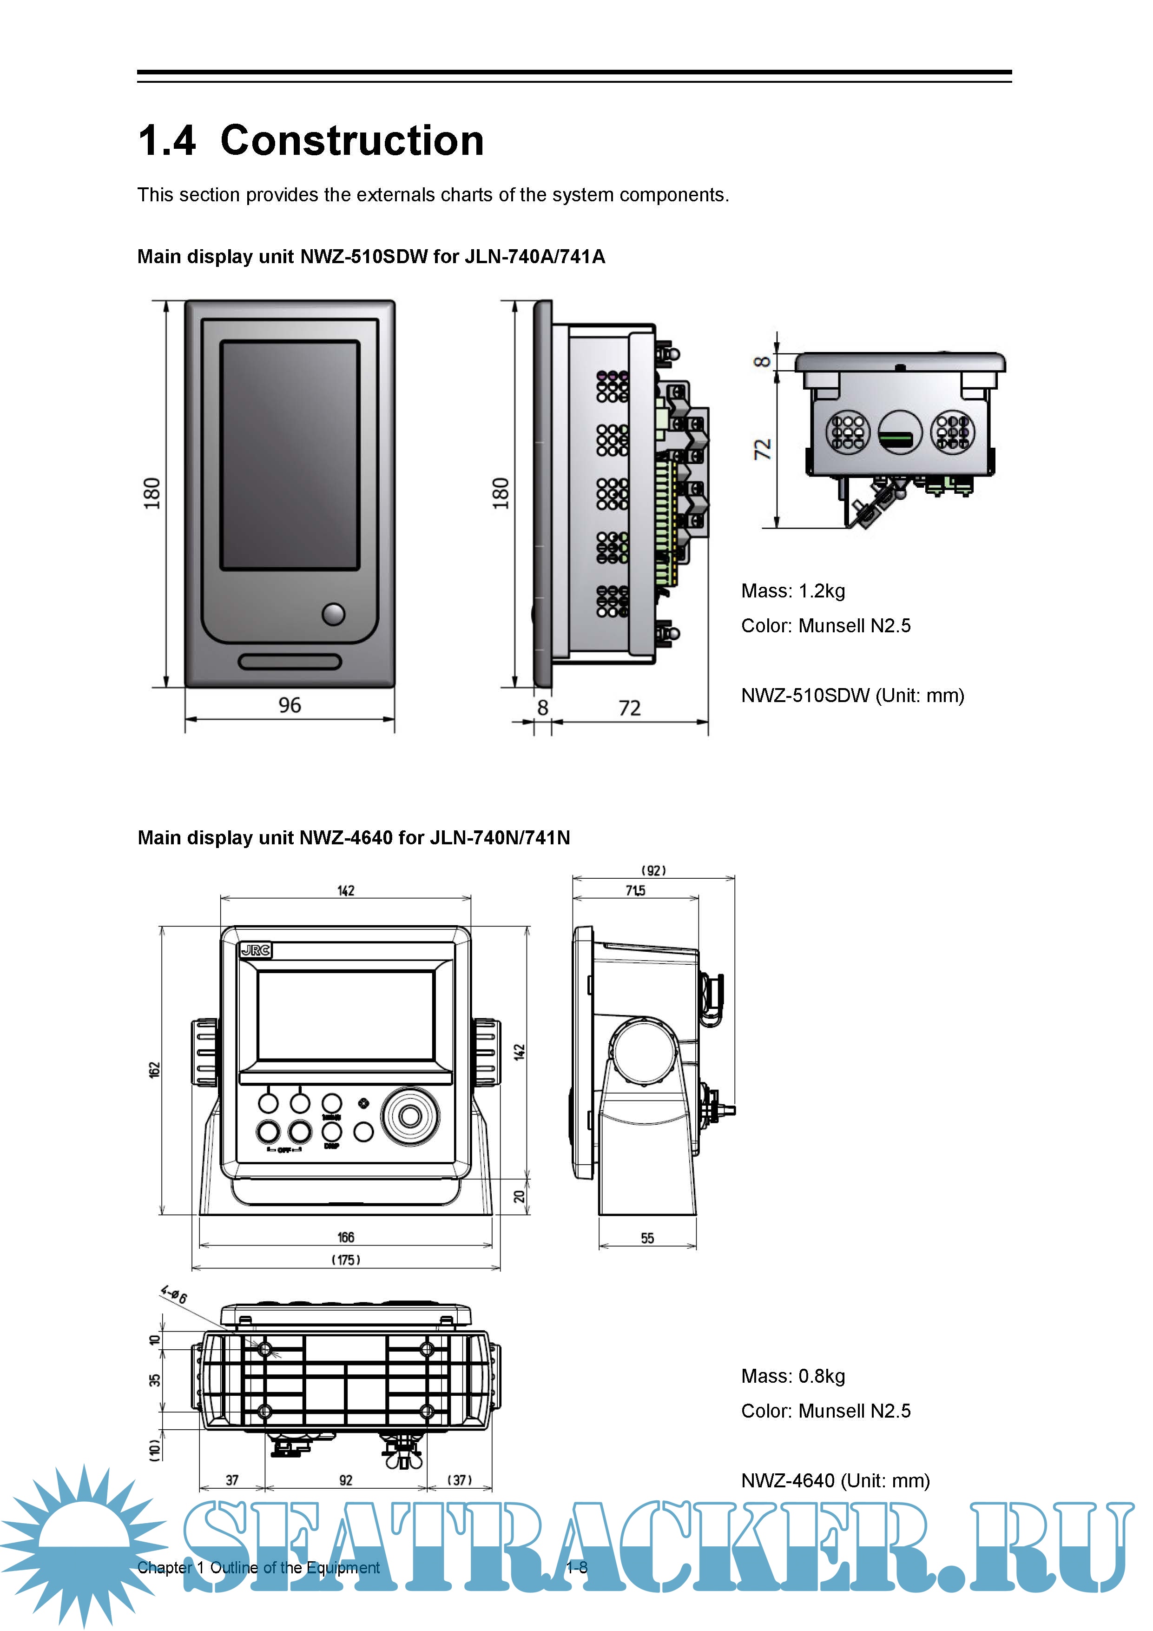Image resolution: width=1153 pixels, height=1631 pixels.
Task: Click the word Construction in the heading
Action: pyautogui.click(x=352, y=141)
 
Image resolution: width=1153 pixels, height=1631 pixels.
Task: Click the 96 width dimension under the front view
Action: pyautogui.click(x=290, y=705)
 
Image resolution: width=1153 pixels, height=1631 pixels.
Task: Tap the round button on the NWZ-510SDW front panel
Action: pyautogui.click(x=333, y=614)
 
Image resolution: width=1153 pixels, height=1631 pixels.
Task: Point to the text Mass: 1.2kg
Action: pyautogui.click(x=793, y=591)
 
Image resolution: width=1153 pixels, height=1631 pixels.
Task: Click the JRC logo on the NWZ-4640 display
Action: pyautogui.click(x=256, y=950)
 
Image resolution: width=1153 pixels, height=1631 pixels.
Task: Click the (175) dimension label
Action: pyautogui.click(x=346, y=1260)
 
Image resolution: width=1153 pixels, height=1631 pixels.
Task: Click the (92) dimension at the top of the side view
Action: pyautogui.click(x=654, y=871)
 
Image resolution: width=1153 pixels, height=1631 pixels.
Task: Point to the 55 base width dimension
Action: pyautogui.click(x=647, y=1238)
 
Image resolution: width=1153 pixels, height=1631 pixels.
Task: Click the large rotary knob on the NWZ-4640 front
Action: pyautogui.click(x=410, y=1116)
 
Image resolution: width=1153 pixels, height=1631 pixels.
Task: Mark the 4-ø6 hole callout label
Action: pyautogui.click(x=174, y=1294)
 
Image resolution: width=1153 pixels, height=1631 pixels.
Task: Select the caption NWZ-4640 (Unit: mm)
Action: pyautogui.click(x=835, y=1480)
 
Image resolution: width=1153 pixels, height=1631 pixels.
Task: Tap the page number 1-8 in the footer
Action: pyautogui.click(x=576, y=1568)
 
